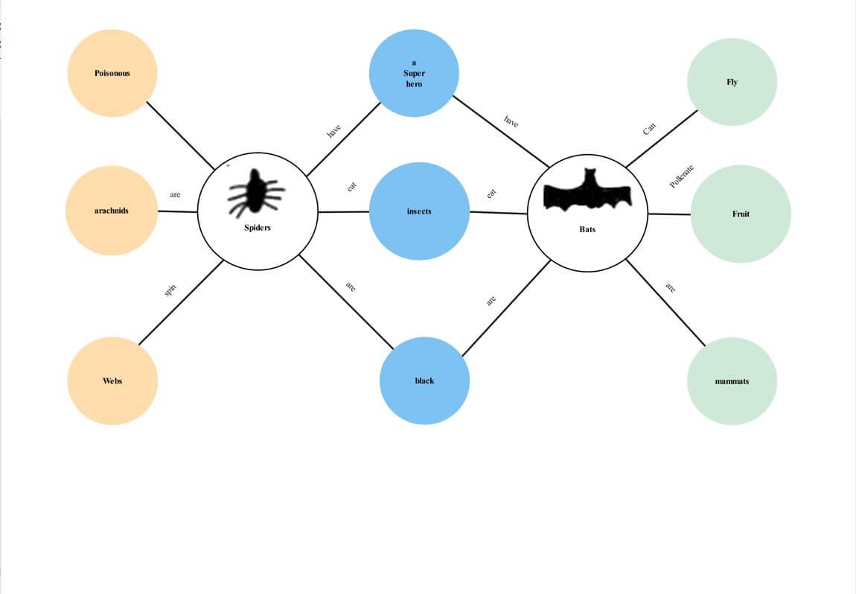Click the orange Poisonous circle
point(112,73)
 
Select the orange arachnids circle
point(112,211)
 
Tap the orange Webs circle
point(112,380)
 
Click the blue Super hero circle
point(414,73)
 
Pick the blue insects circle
point(419,211)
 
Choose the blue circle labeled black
point(424,380)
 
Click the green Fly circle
point(732,82)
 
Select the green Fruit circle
point(740,214)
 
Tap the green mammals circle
point(732,380)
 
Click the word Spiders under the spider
point(258,227)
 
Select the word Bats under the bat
point(587,229)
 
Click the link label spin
point(170,290)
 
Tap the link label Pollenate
point(682,176)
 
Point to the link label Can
point(649,129)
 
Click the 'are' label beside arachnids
point(175,195)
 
